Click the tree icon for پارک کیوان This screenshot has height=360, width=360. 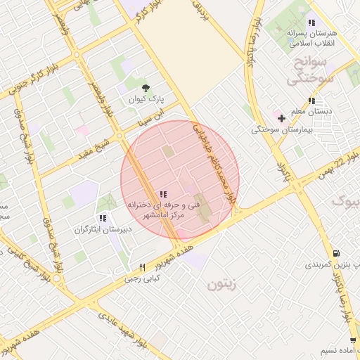pyautogui.click(x=146, y=88)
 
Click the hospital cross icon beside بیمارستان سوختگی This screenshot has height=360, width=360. pyautogui.click(x=281, y=117)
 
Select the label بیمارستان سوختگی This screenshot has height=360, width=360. pyautogui.click(x=276, y=129)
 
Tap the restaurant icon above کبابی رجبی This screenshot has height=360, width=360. pyautogui.click(x=142, y=267)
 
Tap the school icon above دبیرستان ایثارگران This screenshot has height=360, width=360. pyautogui.click(x=103, y=218)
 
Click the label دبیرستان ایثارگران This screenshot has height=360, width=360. pyautogui.click(x=102, y=230)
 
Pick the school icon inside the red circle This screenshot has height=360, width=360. pyautogui.click(x=163, y=194)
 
